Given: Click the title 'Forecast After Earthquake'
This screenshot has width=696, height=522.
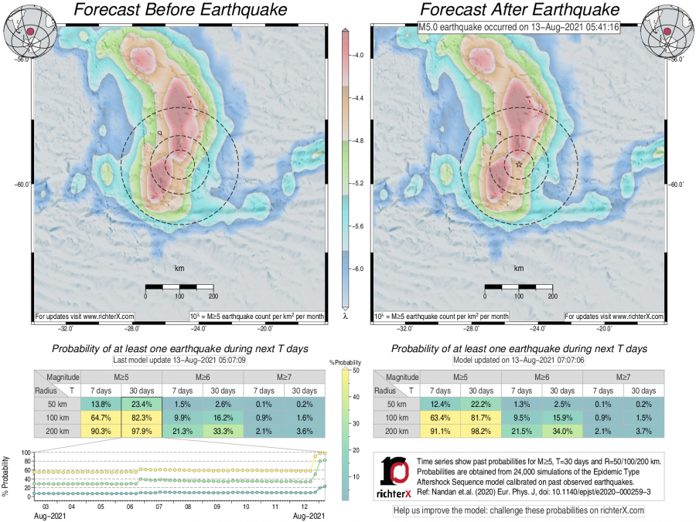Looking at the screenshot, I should point(519,10).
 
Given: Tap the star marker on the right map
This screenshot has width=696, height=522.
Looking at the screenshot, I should point(519,164).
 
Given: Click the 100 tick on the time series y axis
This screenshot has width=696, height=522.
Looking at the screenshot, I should point(25,453).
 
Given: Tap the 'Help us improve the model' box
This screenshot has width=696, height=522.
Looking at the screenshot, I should point(518,510).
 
